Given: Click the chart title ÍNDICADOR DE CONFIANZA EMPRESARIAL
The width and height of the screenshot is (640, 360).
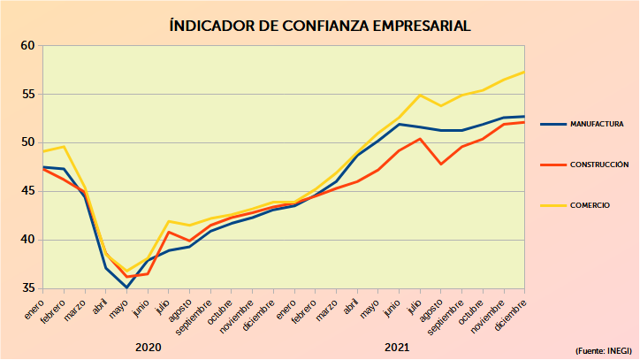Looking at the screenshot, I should [x=320, y=26].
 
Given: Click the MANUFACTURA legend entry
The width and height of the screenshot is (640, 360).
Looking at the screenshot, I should [x=597, y=125].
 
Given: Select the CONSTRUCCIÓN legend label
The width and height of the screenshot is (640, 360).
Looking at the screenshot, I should [x=599, y=165].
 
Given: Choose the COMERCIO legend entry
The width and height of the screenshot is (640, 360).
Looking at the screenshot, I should [x=590, y=205].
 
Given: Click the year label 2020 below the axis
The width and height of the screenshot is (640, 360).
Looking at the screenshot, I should [x=148, y=347].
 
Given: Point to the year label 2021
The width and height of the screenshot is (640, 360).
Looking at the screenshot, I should [x=397, y=347].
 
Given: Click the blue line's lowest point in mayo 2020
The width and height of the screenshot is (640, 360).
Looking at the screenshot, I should [x=126, y=287].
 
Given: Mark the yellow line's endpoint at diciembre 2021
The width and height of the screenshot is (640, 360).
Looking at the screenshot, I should [x=524, y=72].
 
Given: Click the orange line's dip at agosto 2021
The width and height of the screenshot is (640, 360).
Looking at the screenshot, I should [x=440, y=164].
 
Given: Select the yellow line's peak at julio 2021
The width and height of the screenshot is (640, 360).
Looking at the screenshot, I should [x=420, y=95].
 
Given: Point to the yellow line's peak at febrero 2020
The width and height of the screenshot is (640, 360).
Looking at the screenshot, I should [x=64, y=146].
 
